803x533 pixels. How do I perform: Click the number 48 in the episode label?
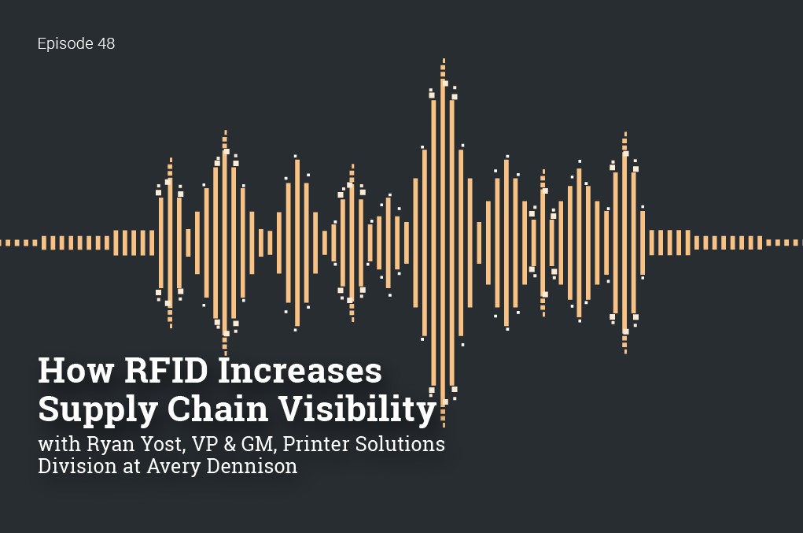coord(105,44)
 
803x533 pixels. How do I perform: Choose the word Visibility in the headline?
coord(355,409)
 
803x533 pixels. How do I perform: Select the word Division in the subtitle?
coord(71,466)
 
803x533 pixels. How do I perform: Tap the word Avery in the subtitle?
coord(160,466)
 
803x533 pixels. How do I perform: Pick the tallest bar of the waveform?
coord(444,236)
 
